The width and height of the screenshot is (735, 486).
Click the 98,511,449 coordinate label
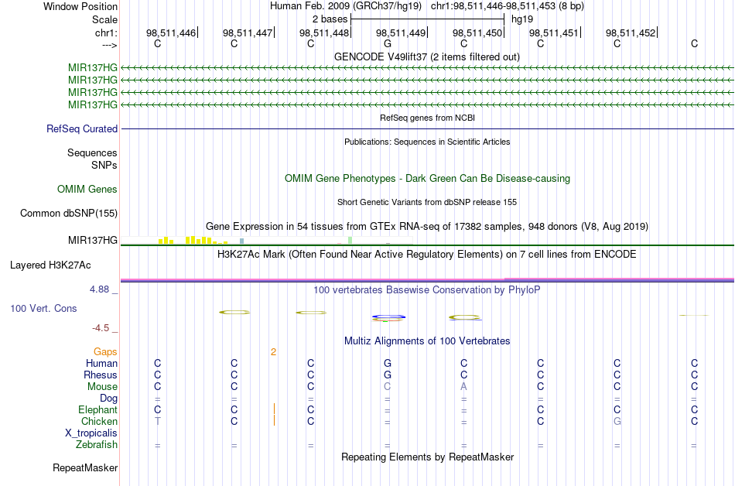point(401,33)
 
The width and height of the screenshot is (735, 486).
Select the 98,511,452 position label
point(631,33)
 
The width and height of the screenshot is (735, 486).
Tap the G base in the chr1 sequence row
point(387,44)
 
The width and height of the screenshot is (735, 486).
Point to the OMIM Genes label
point(87,189)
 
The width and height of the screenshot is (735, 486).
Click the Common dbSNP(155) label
point(68,213)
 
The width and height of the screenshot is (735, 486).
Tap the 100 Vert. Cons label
point(44,308)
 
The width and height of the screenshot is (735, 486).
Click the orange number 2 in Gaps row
point(273,352)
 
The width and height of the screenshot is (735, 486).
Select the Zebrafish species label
point(97,445)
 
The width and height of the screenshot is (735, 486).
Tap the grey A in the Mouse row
point(463,387)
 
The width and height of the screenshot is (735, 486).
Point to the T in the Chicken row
point(157,422)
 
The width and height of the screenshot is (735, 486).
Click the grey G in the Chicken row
point(617,422)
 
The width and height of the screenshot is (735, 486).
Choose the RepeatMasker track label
point(85,468)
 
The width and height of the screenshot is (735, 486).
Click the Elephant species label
point(97,410)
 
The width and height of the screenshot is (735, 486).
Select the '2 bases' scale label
point(330,18)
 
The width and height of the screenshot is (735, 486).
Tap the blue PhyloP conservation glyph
point(388,317)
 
